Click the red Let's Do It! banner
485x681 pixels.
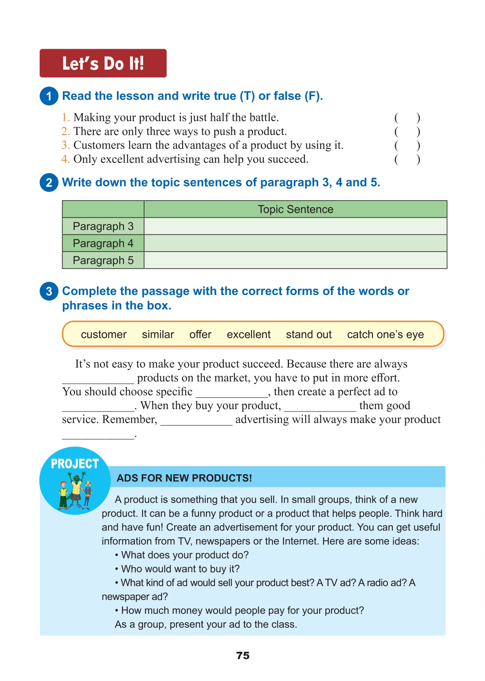click(x=103, y=63)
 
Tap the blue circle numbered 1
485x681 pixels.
click(x=49, y=96)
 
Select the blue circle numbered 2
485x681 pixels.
click(x=49, y=183)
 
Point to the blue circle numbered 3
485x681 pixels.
click(x=49, y=291)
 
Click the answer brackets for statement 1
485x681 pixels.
click(x=407, y=118)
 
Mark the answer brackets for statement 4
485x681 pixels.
click(x=407, y=160)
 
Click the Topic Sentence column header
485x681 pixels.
click(x=295, y=209)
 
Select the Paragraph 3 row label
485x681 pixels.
click(x=103, y=226)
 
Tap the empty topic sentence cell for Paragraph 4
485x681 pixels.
click(x=295, y=243)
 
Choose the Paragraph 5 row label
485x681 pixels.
click(x=103, y=260)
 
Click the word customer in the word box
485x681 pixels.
click(x=104, y=335)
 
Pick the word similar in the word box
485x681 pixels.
click(x=158, y=335)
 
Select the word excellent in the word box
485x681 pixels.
click(x=249, y=335)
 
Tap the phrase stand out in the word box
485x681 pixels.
click(x=309, y=335)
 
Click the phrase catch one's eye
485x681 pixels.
click(x=385, y=335)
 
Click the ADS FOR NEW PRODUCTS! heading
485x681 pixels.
click(x=184, y=478)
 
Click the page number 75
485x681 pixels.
click(x=243, y=655)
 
